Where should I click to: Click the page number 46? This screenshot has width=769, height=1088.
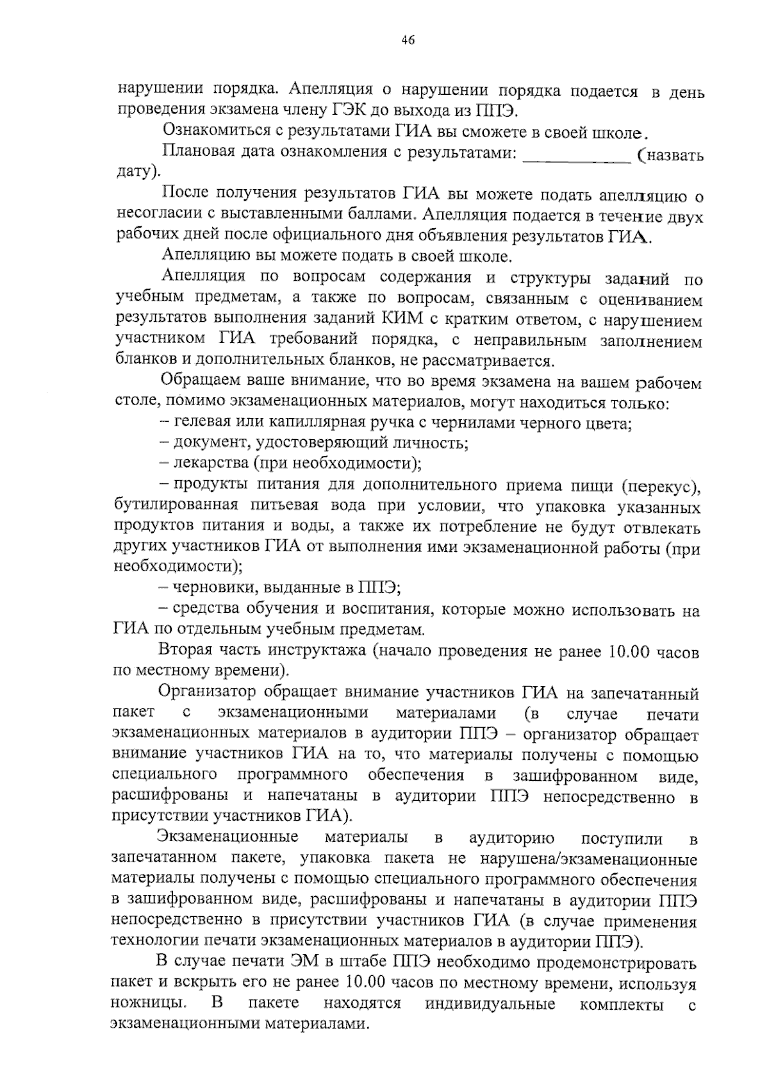(408, 40)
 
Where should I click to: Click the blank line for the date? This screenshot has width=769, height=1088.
(577, 156)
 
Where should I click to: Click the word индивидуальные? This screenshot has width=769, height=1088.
(490, 1003)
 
